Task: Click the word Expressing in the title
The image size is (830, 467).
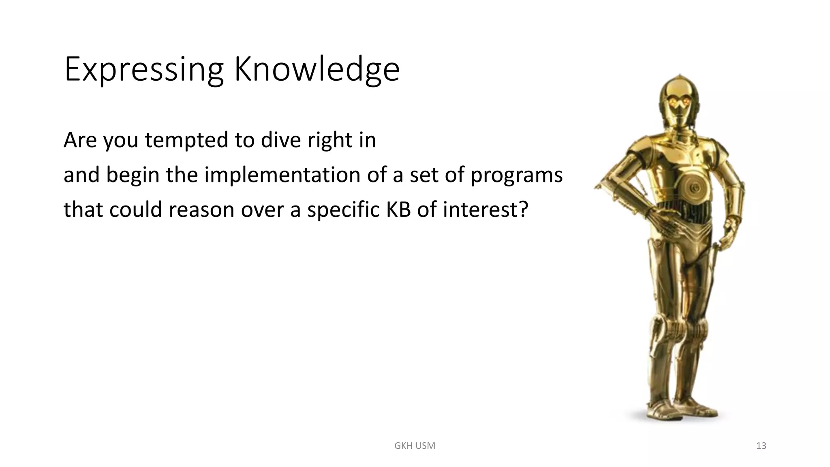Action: [x=143, y=70]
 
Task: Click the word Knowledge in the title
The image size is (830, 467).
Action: [x=317, y=70]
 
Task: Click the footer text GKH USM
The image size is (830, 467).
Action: [x=415, y=446]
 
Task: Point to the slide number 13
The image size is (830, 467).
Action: [x=761, y=446]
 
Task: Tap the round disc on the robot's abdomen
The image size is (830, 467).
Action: [x=694, y=187]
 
